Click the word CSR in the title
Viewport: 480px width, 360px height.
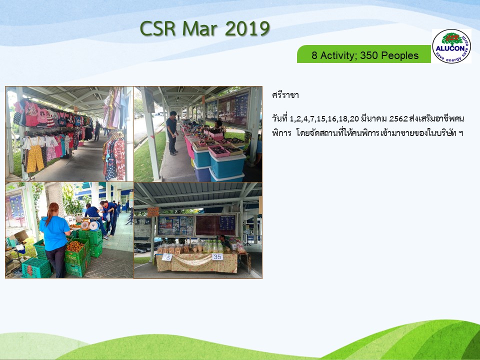point(157,29)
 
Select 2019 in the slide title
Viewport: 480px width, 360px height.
point(247,29)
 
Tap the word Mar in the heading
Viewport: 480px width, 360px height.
point(200,29)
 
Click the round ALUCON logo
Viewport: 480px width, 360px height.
point(451,46)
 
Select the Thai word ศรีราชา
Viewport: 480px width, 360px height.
point(285,95)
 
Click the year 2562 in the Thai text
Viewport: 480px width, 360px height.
point(398,118)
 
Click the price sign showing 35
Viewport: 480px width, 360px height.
point(217,256)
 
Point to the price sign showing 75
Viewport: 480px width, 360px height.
point(167,257)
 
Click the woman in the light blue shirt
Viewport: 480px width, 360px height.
point(54,239)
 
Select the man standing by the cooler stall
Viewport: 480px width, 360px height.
point(172,133)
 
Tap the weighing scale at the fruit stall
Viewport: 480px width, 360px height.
point(90,225)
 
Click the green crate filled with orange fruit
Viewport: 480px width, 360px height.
point(76,251)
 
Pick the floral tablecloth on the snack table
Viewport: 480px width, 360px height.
point(197,262)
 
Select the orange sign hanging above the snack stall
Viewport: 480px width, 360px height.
point(153,211)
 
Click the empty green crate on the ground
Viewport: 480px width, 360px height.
point(36,268)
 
